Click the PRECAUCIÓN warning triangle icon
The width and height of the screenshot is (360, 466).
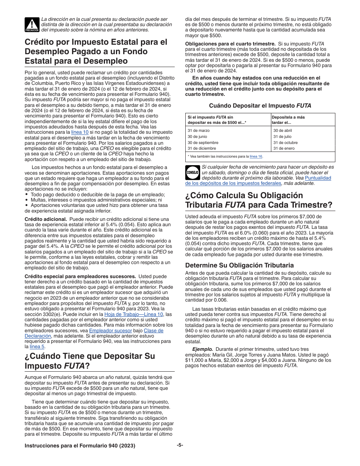click(x=32, y=25)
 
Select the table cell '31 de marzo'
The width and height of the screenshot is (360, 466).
click(x=199, y=130)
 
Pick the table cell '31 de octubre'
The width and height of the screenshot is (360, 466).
click(x=285, y=142)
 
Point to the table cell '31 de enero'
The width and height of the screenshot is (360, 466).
click(x=284, y=149)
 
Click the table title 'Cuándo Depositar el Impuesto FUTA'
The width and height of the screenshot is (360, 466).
click(x=260, y=106)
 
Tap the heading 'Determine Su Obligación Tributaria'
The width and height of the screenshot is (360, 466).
click(x=239, y=265)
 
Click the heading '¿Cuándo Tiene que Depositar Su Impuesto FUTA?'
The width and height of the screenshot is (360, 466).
click(x=90, y=361)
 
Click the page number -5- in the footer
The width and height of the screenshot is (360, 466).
click(x=180, y=445)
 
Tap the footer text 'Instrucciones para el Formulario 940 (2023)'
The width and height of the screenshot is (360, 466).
click(x=80, y=446)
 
